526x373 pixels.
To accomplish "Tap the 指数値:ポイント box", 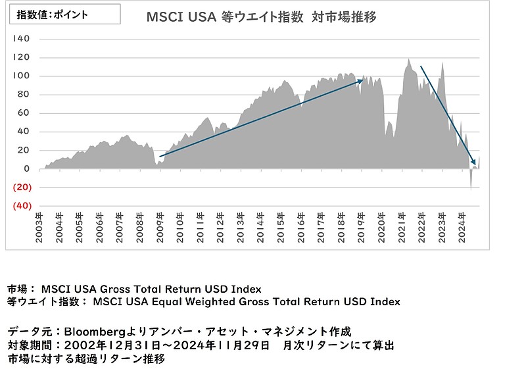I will pyautogui.click(x=64, y=14).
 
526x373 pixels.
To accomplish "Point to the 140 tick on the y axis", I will pyautogui.click(x=22, y=39).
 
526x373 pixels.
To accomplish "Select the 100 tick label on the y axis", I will pyautogui.click(x=22, y=76).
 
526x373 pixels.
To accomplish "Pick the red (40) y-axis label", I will pyautogui.click(x=23, y=206).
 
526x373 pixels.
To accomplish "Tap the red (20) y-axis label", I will pyautogui.click(x=23, y=187).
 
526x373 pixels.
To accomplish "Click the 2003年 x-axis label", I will pyautogui.click(x=39, y=227).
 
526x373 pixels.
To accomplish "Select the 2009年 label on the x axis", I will pyautogui.click(x=160, y=227).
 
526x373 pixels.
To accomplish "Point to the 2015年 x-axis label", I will pyautogui.click(x=281, y=227).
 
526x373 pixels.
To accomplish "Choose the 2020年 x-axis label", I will pyautogui.click(x=382, y=227).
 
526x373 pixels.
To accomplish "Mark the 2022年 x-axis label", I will pyautogui.click(x=422, y=227).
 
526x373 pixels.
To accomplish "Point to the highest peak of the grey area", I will pyautogui.click(x=408, y=60).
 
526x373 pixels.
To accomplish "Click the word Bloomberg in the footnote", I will pyautogui.click(x=93, y=330).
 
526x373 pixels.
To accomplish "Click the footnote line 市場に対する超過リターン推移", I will pyautogui.click(x=85, y=359).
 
